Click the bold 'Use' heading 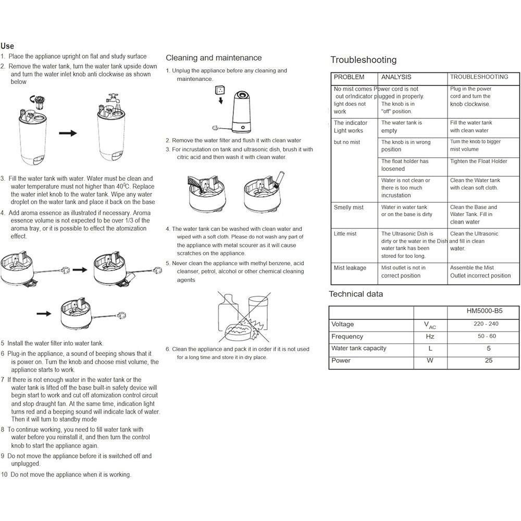(7, 46)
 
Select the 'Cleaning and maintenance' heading (214, 58)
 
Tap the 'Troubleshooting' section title (363, 60)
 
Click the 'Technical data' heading (356, 294)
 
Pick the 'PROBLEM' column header (349, 77)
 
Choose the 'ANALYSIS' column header (396, 77)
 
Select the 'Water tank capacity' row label (359, 349)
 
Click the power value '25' (488, 361)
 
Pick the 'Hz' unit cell (430, 337)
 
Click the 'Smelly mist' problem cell (349, 207)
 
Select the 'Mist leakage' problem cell (350, 268)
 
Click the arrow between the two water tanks (68, 133)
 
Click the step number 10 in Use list (5, 475)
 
